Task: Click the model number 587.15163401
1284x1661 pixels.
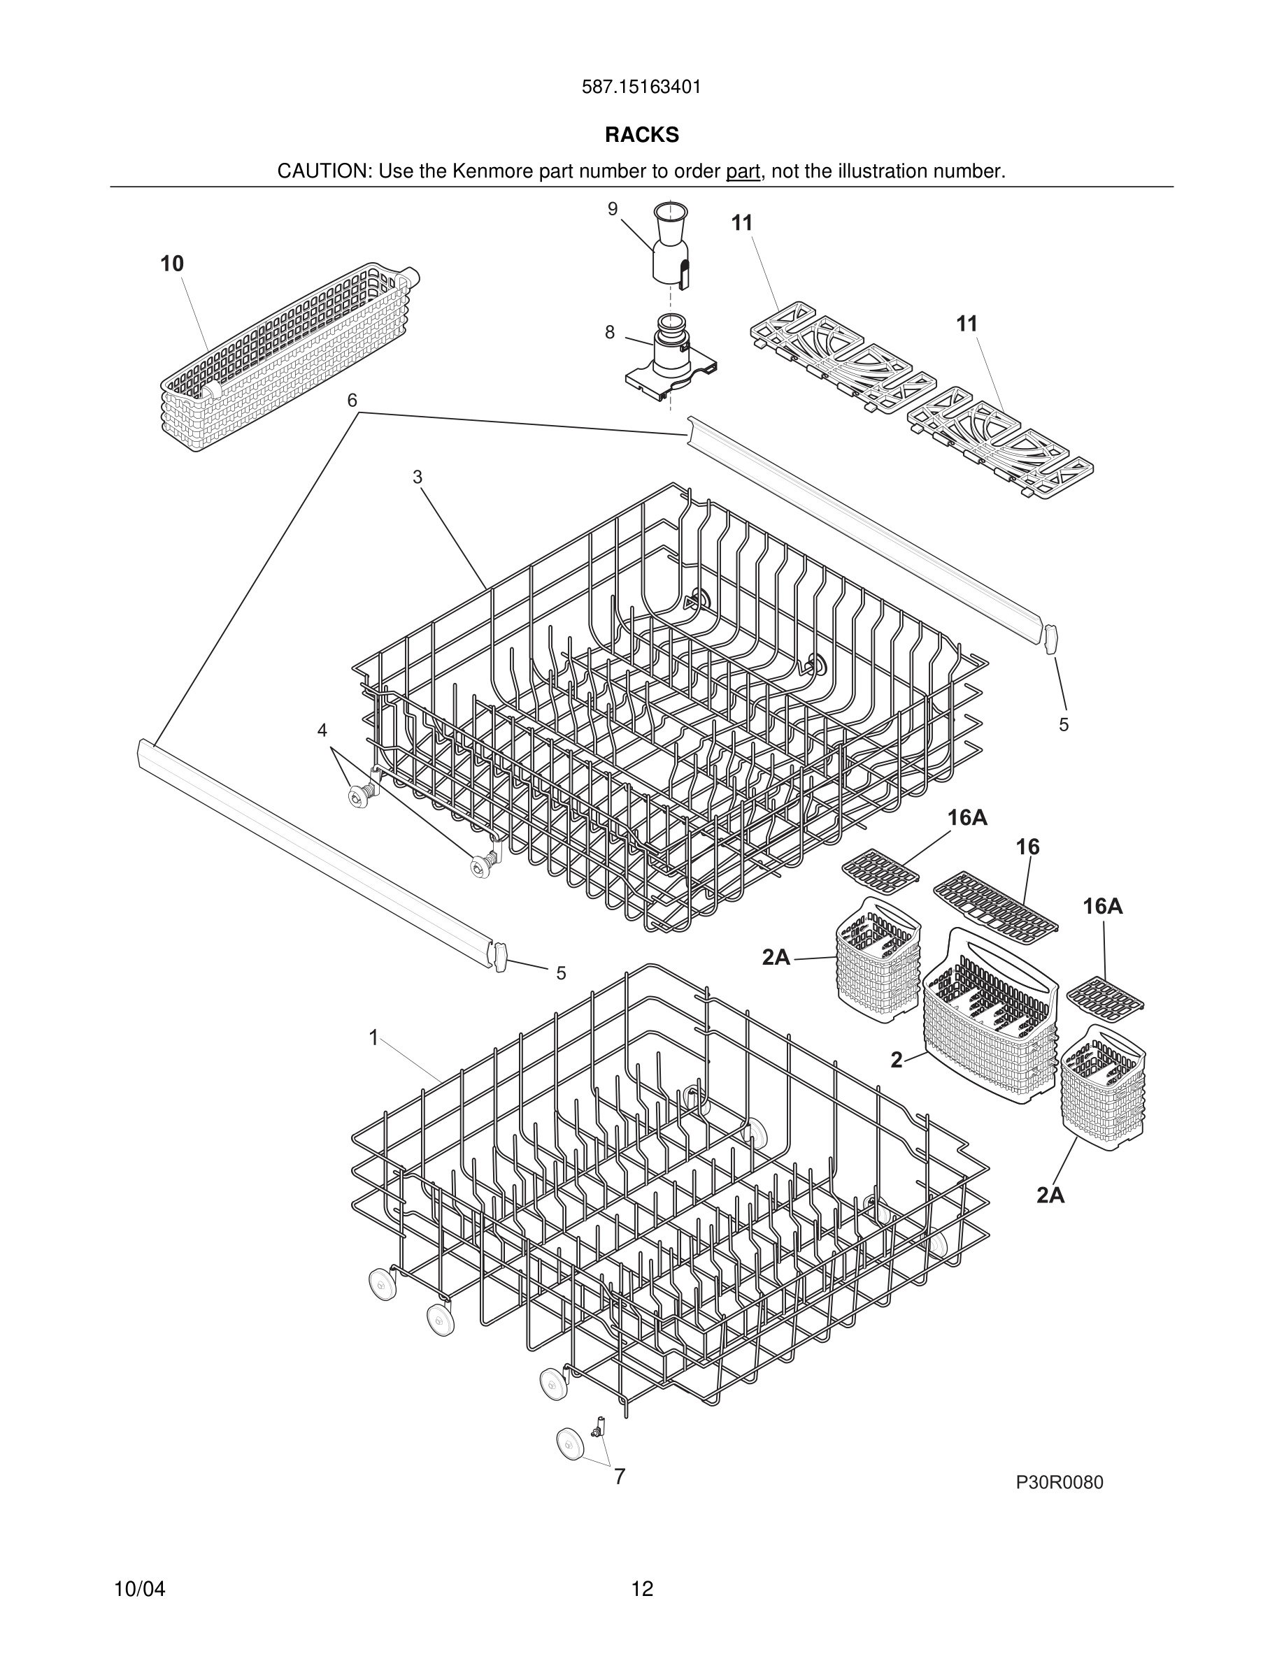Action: click(641, 87)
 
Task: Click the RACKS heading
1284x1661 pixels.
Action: click(641, 136)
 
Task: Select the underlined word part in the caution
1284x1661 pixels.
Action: click(743, 172)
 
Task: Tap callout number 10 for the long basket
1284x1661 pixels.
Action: click(172, 264)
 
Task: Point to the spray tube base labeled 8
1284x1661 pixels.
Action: click(669, 357)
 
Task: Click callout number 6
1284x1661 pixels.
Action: click(352, 400)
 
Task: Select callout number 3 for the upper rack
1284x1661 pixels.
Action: click(417, 477)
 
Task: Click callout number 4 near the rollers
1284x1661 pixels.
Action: click(322, 730)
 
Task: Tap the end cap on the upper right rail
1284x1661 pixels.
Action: click(1052, 639)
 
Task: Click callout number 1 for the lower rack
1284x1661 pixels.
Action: click(373, 1037)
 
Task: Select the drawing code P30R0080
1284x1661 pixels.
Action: click(1059, 1482)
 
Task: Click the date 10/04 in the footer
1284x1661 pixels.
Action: click(139, 1590)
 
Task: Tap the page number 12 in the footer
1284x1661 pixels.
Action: click(641, 1590)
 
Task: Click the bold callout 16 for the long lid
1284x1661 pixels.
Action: click(1027, 847)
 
